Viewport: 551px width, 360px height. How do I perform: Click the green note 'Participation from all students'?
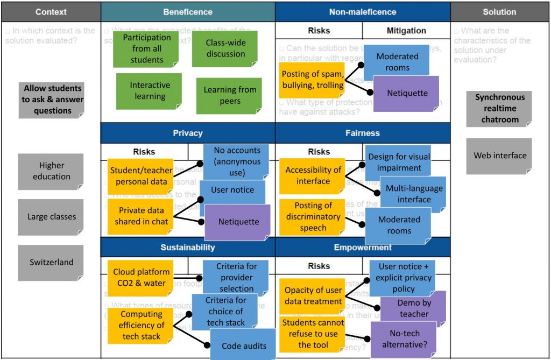pyautogui.click(x=146, y=49)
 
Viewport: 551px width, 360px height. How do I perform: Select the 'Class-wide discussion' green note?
pyautogui.click(x=225, y=48)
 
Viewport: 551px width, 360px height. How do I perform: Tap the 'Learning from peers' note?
pyautogui.click(x=229, y=95)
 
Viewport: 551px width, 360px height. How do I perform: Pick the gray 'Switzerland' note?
pyautogui.click(x=51, y=263)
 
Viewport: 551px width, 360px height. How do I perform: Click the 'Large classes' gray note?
pyautogui.click(x=51, y=217)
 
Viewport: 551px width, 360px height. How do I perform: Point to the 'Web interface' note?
pyautogui.click(x=499, y=156)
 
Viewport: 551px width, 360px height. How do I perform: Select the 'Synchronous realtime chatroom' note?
pyautogui.click(x=499, y=109)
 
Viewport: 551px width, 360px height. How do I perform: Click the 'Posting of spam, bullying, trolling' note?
pyautogui.click(x=312, y=80)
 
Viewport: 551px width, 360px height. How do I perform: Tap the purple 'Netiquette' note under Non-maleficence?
pyautogui.click(x=407, y=94)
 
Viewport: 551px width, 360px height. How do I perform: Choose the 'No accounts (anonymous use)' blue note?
pyautogui.click(x=236, y=162)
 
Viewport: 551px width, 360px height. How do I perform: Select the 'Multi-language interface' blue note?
pyautogui.click(x=413, y=194)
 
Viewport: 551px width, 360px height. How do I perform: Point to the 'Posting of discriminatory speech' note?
pyautogui.click(x=313, y=216)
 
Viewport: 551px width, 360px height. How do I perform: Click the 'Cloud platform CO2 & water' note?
pyautogui.click(x=140, y=278)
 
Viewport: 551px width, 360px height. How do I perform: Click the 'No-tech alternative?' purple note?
pyautogui.click(x=403, y=340)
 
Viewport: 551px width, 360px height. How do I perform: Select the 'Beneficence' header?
pyautogui.click(x=188, y=12)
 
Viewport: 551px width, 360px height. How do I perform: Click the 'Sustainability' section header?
pyautogui.click(x=188, y=248)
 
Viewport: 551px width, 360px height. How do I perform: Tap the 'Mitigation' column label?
pyautogui.click(x=406, y=31)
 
